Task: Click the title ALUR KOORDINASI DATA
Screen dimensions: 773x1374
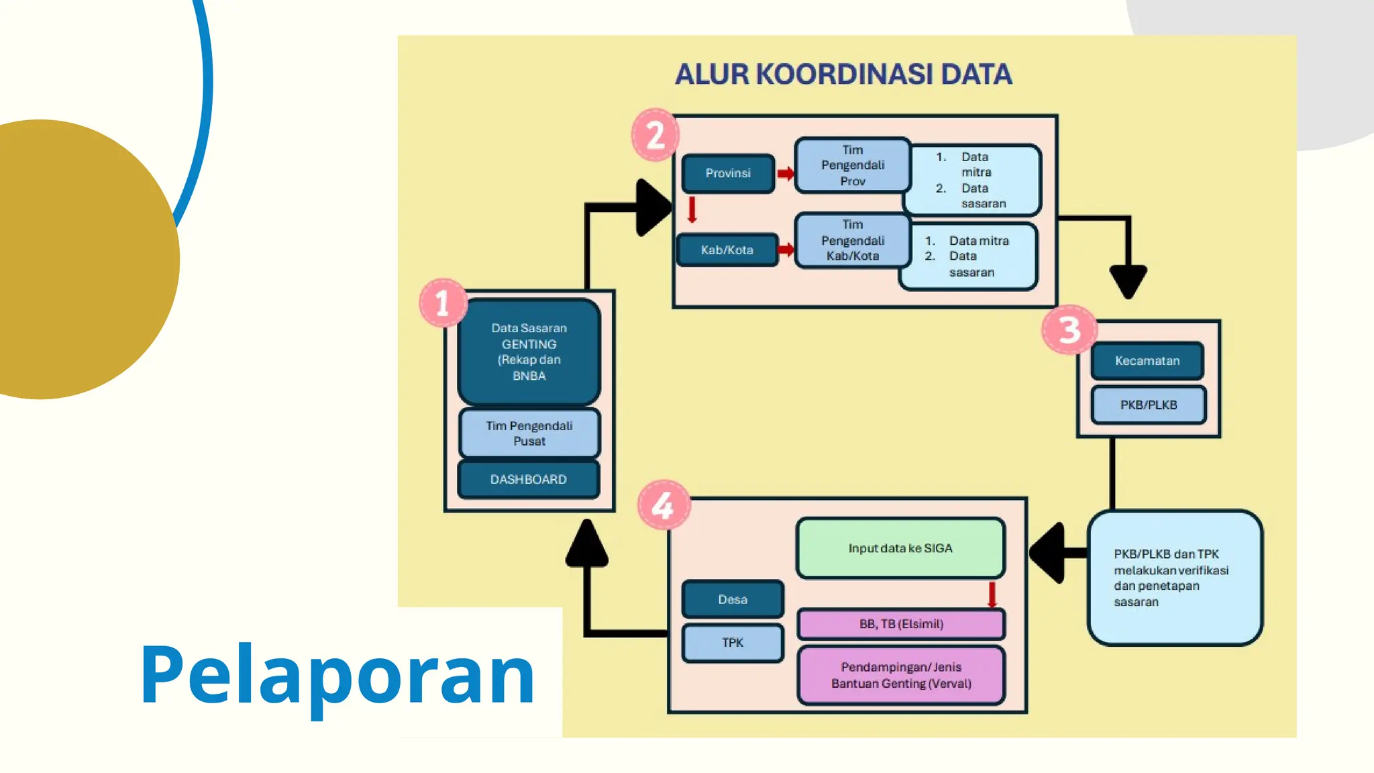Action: [x=843, y=74]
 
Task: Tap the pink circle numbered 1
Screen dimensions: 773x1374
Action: [x=443, y=303]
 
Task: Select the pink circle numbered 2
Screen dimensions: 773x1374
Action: [x=655, y=135]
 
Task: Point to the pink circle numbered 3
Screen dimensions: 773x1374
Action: [x=1069, y=330]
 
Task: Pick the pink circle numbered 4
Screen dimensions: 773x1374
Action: [x=663, y=505]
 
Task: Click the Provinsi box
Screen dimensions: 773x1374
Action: [x=728, y=174]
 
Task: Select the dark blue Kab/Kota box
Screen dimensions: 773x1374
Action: [x=727, y=250]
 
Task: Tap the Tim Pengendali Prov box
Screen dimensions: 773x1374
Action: [x=852, y=166]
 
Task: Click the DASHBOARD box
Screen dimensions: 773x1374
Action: [x=529, y=479]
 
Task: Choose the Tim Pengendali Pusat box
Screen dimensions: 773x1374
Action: [x=529, y=433]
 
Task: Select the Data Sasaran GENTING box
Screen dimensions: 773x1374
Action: [x=529, y=352]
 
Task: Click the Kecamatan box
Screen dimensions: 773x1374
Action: [x=1147, y=361]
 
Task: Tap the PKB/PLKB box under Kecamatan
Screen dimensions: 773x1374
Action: [x=1148, y=405]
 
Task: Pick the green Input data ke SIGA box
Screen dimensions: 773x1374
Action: [x=900, y=548]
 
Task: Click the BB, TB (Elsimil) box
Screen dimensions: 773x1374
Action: [x=901, y=624]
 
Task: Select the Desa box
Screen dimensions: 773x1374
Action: [x=733, y=599]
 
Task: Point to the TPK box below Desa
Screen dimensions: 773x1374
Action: [x=733, y=643]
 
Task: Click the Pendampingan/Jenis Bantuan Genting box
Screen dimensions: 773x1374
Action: [x=901, y=675]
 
